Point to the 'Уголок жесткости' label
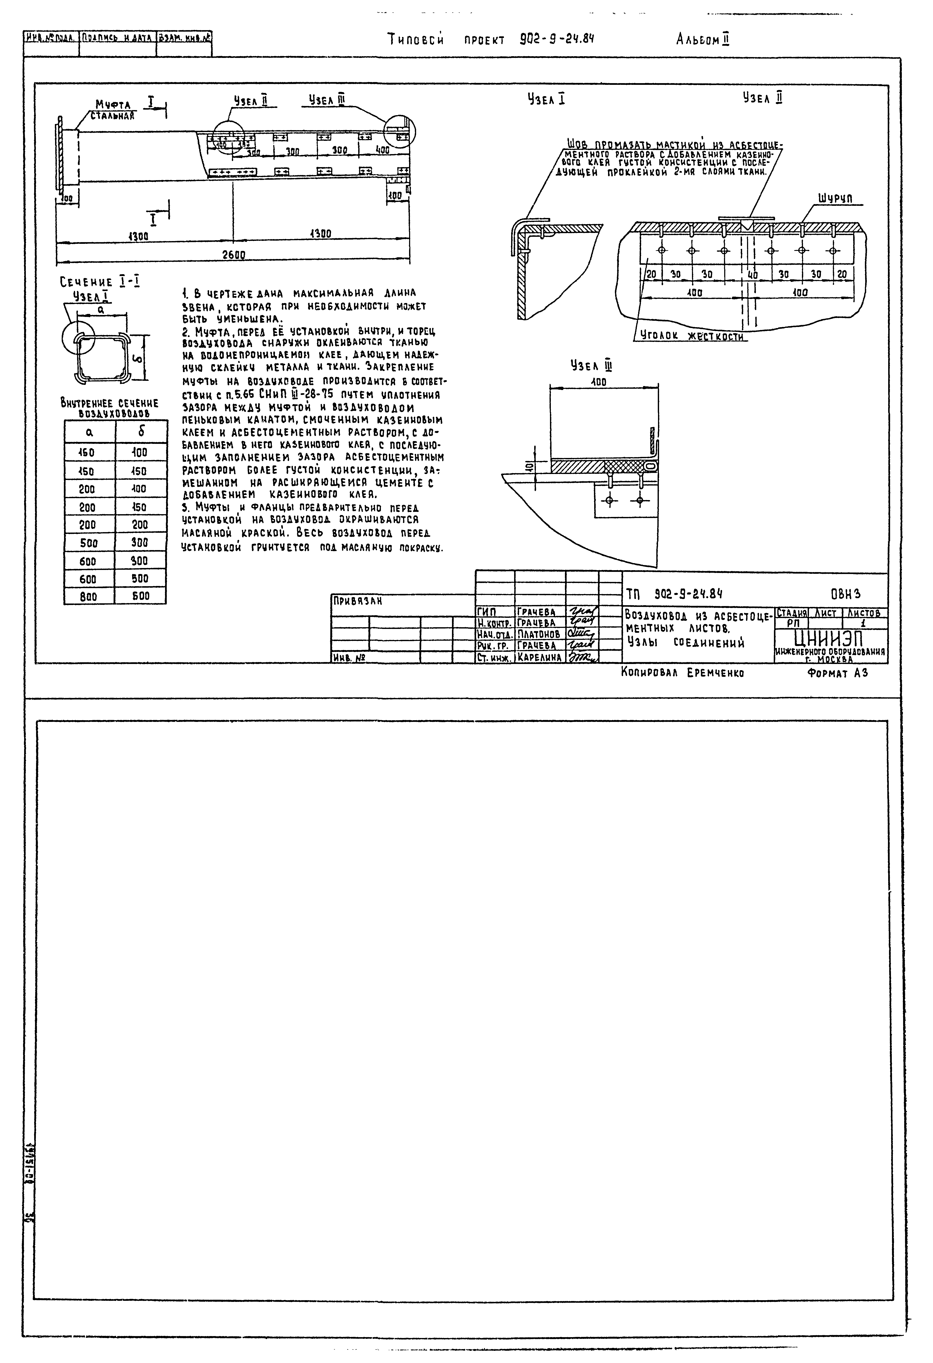[x=692, y=337]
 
